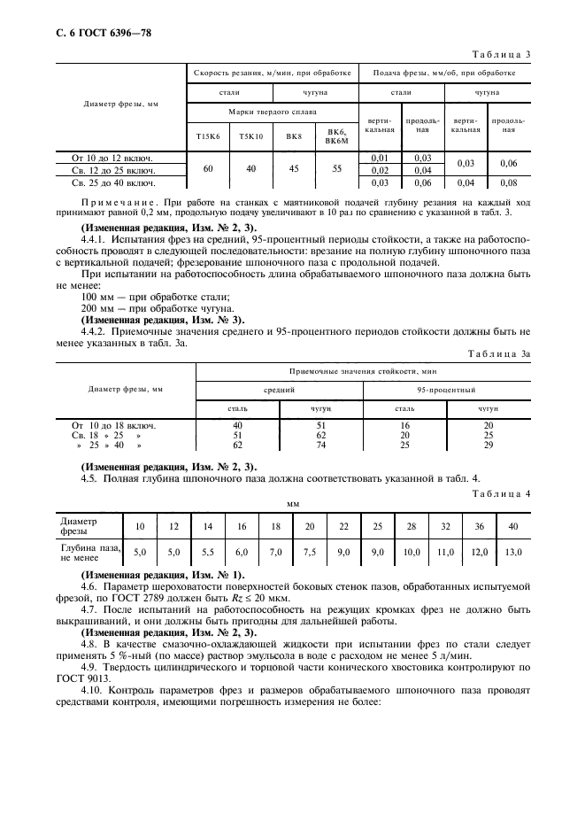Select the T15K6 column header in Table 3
point(204,136)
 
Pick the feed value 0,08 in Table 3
point(507,182)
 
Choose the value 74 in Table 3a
point(320,445)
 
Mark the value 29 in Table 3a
point(489,445)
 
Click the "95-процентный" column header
point(447,389)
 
